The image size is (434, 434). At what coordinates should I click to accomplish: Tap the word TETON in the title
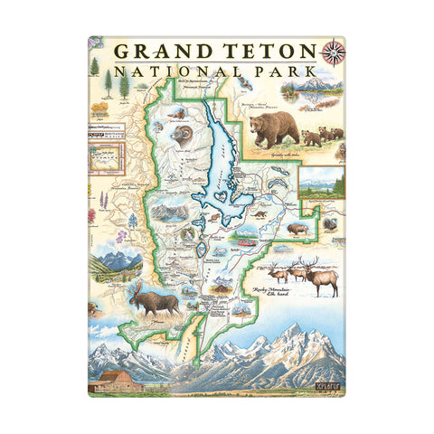(266, 52)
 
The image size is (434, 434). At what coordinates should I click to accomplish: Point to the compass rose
(333, 52)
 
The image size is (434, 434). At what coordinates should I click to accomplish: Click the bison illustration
(297, 229)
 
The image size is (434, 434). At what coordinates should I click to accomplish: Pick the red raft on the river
(245, 243)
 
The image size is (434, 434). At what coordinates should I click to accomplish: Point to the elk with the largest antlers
(323, 274)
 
